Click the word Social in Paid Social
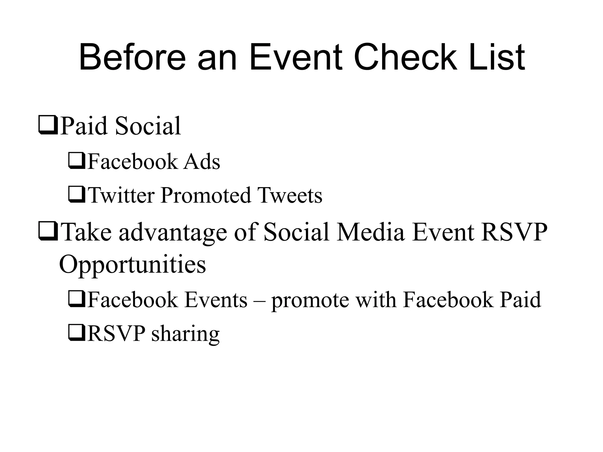(x=148, y=126)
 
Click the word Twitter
(x=121, y=195)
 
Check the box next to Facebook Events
(x=77, y=299)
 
